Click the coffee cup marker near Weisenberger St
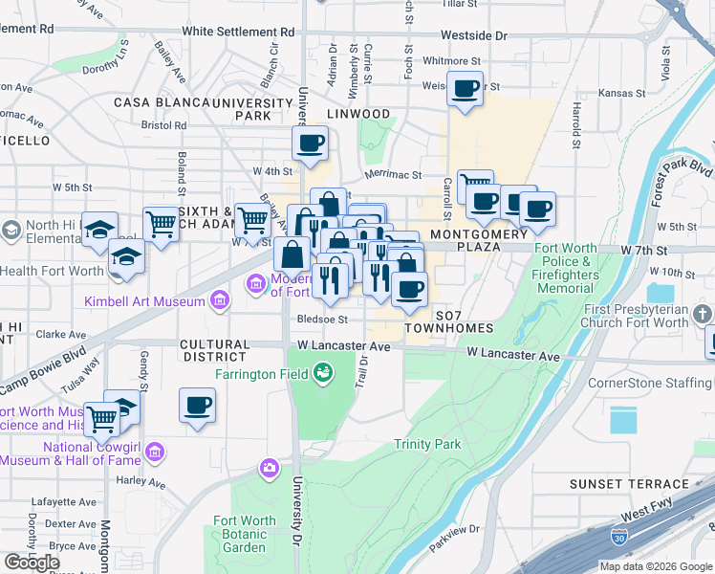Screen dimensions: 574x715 click(x=466, y=90)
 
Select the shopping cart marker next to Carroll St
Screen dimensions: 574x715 click(x=474, y=185)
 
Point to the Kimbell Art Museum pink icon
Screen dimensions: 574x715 click(x=221, y=302)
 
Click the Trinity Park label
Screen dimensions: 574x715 click(x=427, y=444)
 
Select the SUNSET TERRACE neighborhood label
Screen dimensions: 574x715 click(x=629, y=484)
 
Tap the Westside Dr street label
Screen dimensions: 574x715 click(x=474, y=35)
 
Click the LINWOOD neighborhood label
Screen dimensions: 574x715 click(x=358, y=114)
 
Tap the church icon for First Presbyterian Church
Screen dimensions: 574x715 click(x=704, y=315)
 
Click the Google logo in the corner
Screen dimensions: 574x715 click(x=32, y=562)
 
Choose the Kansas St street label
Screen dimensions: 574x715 click(x=621, y=94)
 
